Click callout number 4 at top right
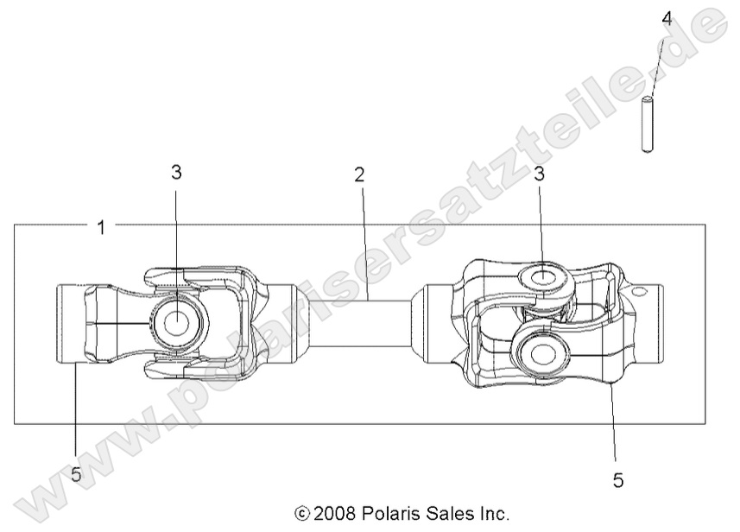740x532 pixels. click(x=666, y=16)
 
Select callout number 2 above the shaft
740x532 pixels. click(x=359, y=174)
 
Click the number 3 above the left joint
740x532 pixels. click(x=175, y=172)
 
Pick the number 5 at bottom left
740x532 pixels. click(x=76, y=475)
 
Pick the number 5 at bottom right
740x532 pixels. click(x=618, y=478)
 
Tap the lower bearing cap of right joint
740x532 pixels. click(x=542, y=352)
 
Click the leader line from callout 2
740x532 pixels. click(x=364, y=242)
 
